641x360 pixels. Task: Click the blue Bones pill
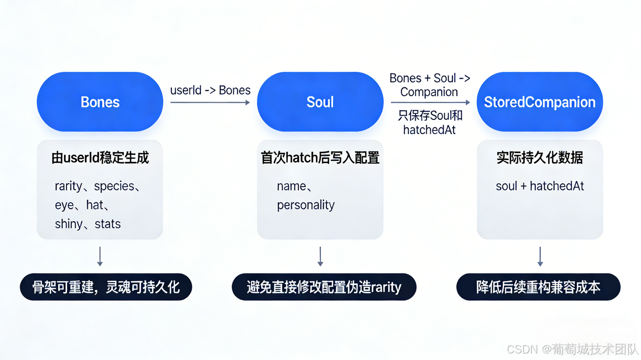pyautogui.click(x=100, y=102)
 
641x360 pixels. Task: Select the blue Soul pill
pyautogui.click(x=320, y=102)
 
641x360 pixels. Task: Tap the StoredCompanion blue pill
pyautogui.click(x=539, y=102)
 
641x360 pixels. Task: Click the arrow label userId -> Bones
pyautogui.click(x=210, y=90)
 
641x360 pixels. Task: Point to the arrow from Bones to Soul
pyautogui.click(x=210, y=102)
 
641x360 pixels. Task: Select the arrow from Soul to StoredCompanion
pyautogui.click(x=430, y=102)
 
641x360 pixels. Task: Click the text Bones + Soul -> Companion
pyautogui.click(x=430, y=85)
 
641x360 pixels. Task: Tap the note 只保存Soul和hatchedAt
pyautogui.click(x=430, y=123)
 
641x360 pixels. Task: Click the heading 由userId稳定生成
pyautogui.click(x=100, y=158)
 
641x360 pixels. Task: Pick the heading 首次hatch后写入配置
pyautogui.click(x=320, y=158)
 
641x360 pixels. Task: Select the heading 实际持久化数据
pyautogui.click(x=539, y=158)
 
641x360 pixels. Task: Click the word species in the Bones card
pyautogui.click(x=114, y=186)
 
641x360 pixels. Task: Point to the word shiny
pyautogui.click(x=69, y=224)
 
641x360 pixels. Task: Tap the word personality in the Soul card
pyautogui.click(x=305, y=205)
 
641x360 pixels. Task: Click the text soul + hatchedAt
pyautogui.click(x=540, y=186)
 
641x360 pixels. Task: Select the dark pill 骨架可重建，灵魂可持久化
pyautogui.click(x=106, y=287)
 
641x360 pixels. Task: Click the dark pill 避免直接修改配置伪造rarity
pyautogui.click(x=324, y=287)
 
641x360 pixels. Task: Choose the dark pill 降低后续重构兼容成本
pyautogui.click(x=538, y=287)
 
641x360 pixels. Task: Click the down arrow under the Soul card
pyautogui.click(x=320, y=256)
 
